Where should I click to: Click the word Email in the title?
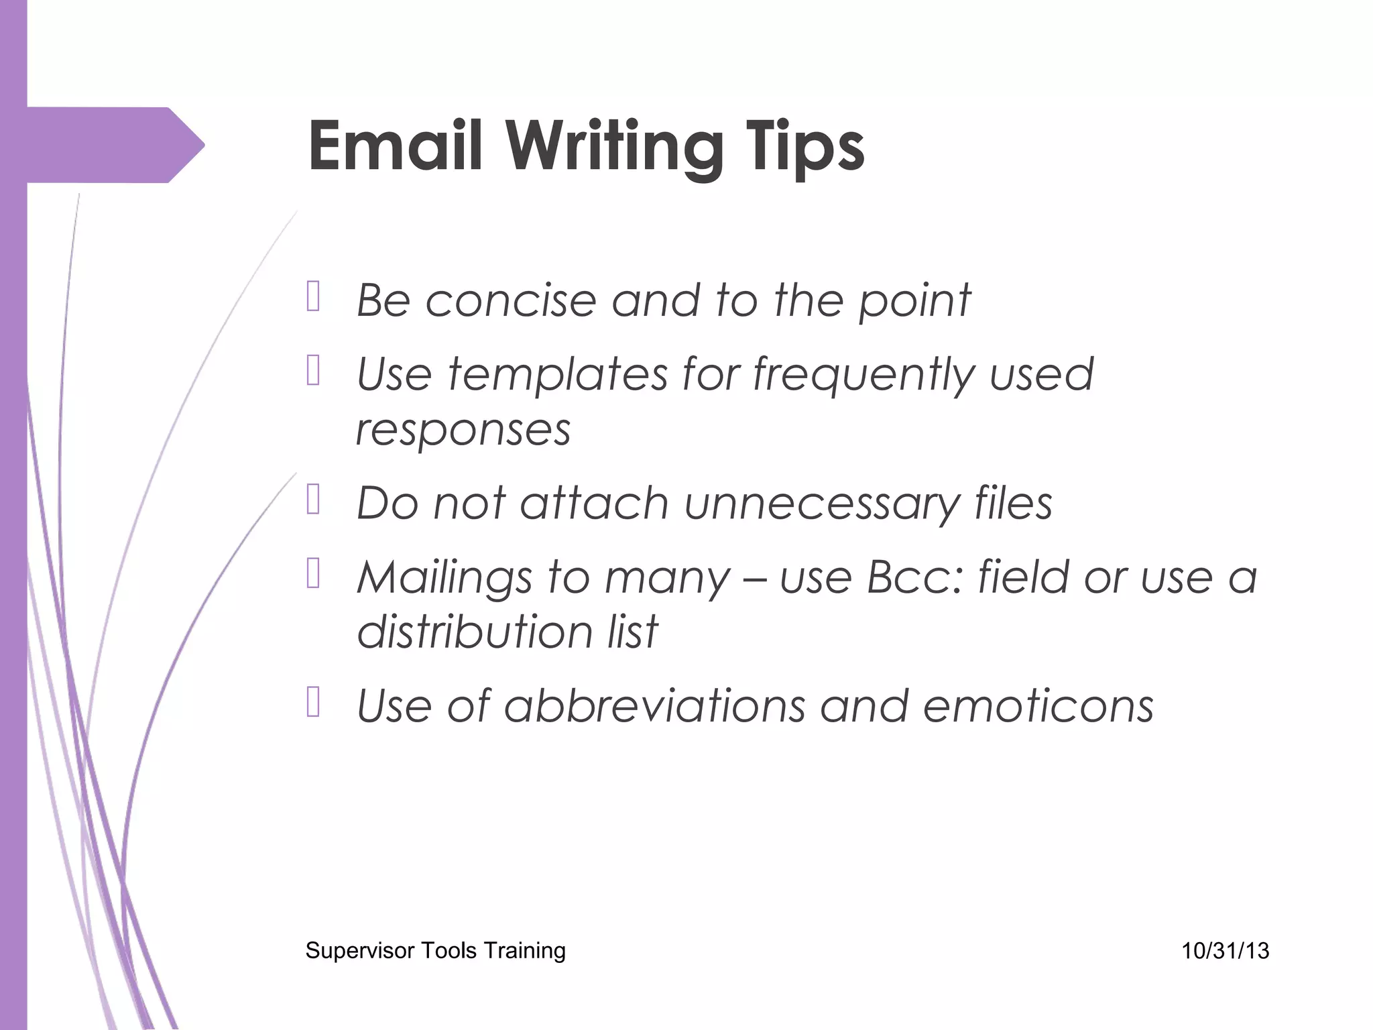[395, 146]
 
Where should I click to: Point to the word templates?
[557, 374]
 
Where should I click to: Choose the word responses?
[463, 430]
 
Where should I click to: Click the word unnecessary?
[822, 504]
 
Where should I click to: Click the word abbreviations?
[654, 706]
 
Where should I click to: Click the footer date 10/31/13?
[1225, 950]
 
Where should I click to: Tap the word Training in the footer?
[524, 951]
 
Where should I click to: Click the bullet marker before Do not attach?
[313, 500]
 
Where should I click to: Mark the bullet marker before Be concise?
[313, 296]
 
